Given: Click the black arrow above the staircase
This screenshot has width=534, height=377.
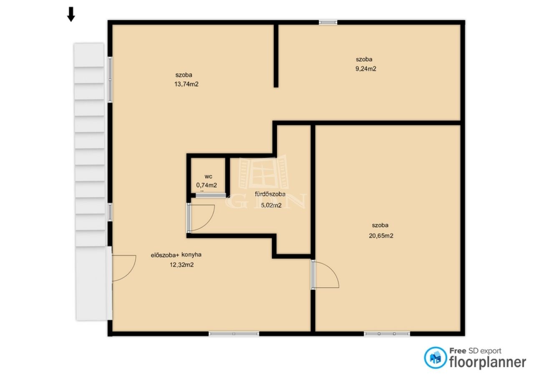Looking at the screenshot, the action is pos(71,14).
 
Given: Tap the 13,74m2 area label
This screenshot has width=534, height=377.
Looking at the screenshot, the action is pos(186,84).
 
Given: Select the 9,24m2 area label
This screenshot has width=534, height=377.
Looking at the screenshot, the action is pos(366,69).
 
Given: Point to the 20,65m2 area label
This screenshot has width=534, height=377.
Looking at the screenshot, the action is pos(381,236).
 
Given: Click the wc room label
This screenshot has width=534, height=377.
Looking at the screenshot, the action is pos(208,177).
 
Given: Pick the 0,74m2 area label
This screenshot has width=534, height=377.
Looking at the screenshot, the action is pos(207,185).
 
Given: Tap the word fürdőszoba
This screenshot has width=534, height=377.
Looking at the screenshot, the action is pos(270,194).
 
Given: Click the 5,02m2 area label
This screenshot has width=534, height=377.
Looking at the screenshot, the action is pos(271,205).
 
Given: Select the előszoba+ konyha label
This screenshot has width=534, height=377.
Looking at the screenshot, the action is pos(176,255).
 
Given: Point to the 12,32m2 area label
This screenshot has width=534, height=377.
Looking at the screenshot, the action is pos(181,265).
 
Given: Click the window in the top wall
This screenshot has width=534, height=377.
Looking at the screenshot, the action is pos(328,22).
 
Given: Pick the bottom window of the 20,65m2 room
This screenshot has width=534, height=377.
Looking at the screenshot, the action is pos(387,334).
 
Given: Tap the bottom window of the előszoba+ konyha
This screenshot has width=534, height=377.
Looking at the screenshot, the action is pos(234,334).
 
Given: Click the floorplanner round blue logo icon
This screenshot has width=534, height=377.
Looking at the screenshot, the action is pos(435,358).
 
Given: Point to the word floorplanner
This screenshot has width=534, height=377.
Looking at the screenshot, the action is pos(488,362).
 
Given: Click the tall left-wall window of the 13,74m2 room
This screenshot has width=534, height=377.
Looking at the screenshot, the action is pos(110,80).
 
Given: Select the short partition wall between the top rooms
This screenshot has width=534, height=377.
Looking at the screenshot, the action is pos(276,56).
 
